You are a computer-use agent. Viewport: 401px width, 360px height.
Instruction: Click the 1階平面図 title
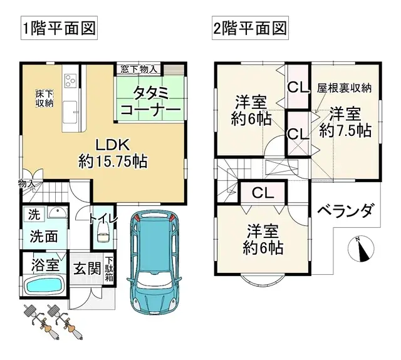(x=60, y=29)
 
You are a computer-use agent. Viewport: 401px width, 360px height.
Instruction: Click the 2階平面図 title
(x=249, y=29)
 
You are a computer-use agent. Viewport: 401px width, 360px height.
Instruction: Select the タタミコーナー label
(x=150, y=102)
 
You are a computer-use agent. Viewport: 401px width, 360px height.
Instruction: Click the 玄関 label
(x=86, y=269)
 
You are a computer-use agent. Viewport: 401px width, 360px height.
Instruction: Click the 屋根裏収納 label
(x=344, y=88)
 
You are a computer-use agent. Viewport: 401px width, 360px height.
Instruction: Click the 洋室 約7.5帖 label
(x=345, y=122)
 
